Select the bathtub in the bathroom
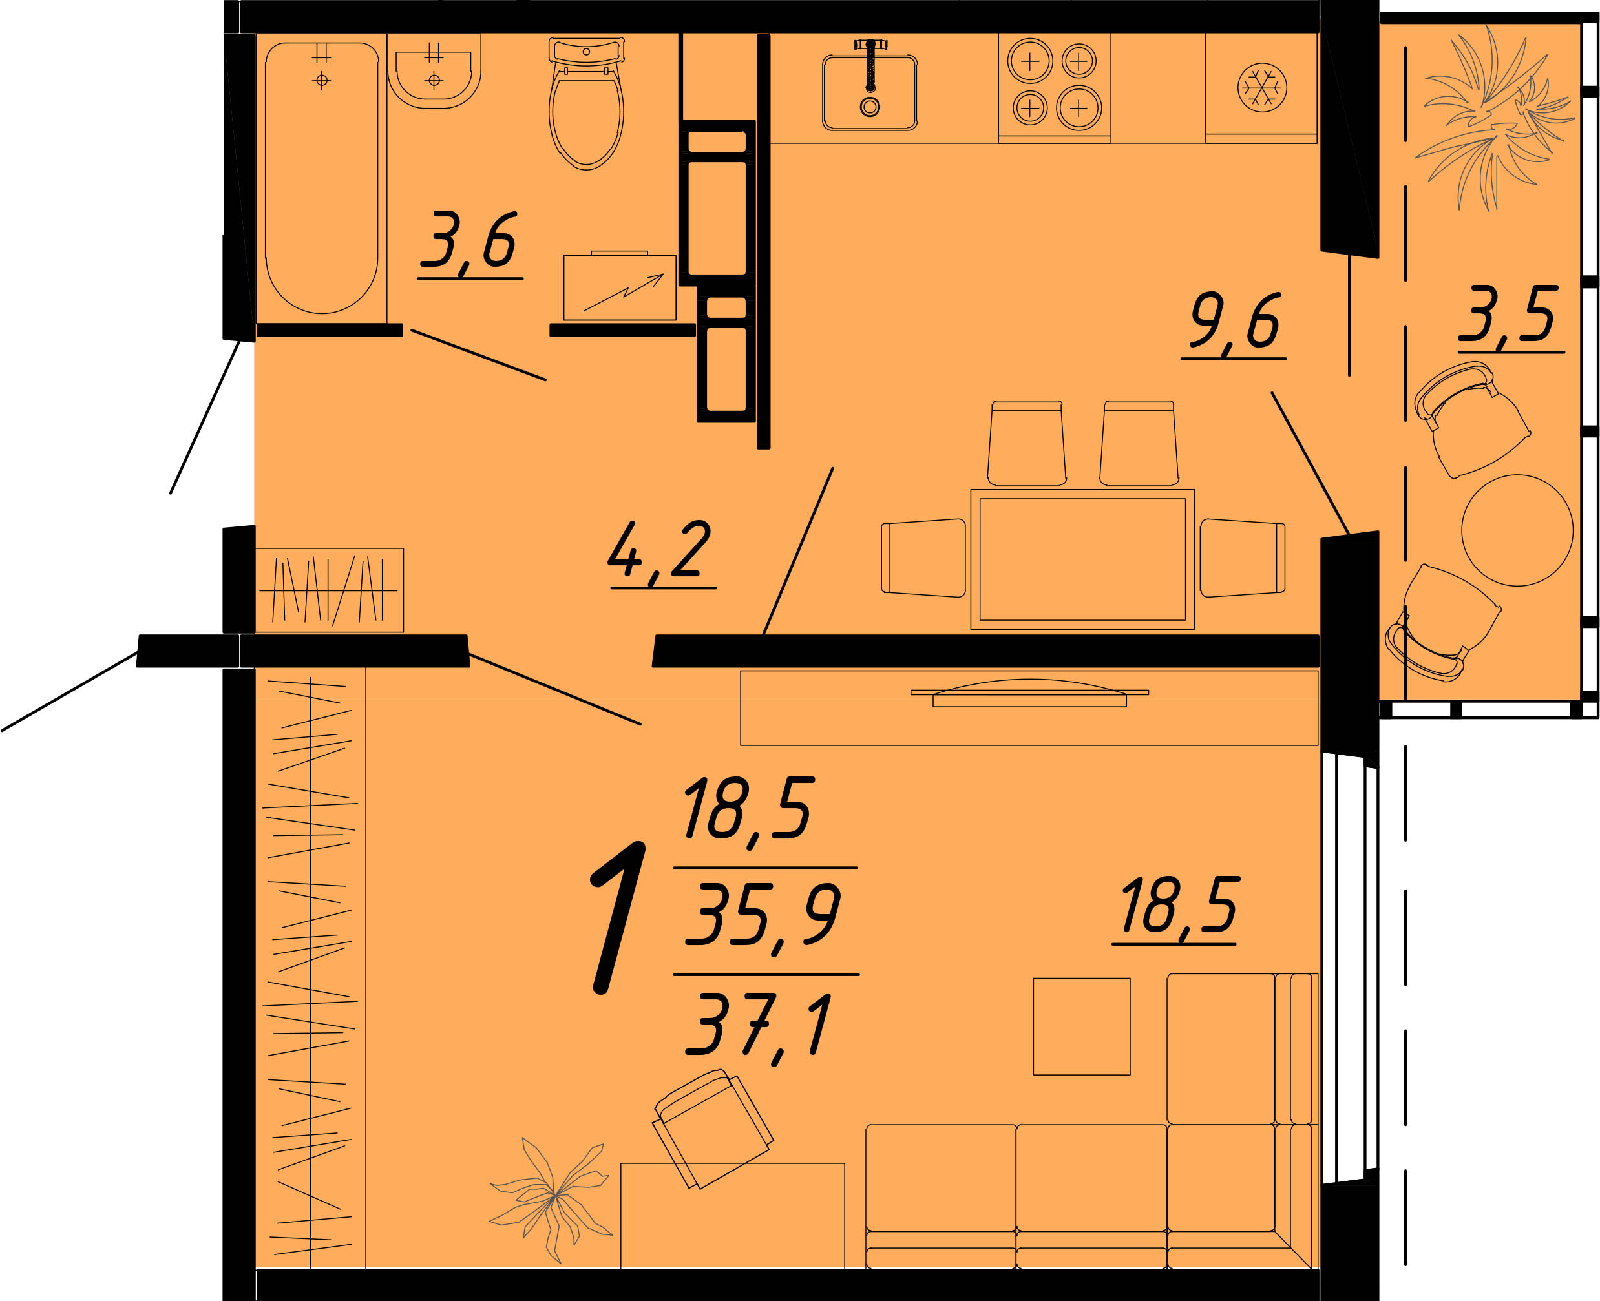click(322, 178)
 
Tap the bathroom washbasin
click(434, 72)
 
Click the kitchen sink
click(870, 92)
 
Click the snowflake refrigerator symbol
click(1262, 88)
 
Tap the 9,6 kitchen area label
click(1235, 324)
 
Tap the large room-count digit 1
click(618, 917)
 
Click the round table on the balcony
click(1517, 530)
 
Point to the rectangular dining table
click(1082, 559)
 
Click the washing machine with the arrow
click(619, 286)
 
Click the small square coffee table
click(1081, 1026)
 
